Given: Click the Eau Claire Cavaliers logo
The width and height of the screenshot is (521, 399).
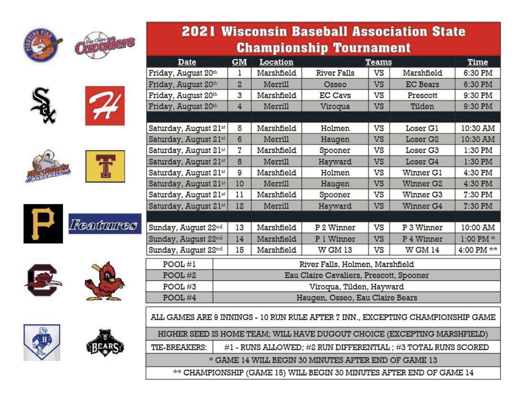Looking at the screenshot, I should coord(105,45).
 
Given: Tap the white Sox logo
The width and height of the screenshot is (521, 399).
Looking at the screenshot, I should coord(43,106).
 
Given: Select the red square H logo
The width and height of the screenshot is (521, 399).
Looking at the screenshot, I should coord(105,106).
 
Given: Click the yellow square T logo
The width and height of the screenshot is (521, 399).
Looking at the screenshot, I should coord(105,166).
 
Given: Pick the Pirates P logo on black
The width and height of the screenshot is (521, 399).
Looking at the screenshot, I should coord(43,224).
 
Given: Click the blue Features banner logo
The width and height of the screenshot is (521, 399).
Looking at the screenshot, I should coord(105,224).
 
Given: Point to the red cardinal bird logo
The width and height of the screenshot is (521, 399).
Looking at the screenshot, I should coord(105,281).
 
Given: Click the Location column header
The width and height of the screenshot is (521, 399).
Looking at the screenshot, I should coord(276,62).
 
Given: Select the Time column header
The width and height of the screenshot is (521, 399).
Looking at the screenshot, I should coord(477,62).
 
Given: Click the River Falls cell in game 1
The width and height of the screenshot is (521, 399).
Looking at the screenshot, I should coord(335,73).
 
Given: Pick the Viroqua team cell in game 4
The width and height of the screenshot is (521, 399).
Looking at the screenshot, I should coord(335,106).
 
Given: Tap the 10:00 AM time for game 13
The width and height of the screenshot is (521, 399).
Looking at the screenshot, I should coord(477,228).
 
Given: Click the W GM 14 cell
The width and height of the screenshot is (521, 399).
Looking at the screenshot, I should coord(422,250).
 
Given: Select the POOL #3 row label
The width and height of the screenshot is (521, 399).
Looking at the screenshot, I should coord(179,287).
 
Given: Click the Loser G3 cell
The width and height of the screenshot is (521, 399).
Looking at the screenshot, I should coord(422,150).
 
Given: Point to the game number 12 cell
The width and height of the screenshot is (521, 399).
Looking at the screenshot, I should coord(239,206).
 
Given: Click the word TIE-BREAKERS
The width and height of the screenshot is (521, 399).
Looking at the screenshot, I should coord(179,347).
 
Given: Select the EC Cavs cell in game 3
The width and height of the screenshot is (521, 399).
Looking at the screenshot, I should coord(335,95).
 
